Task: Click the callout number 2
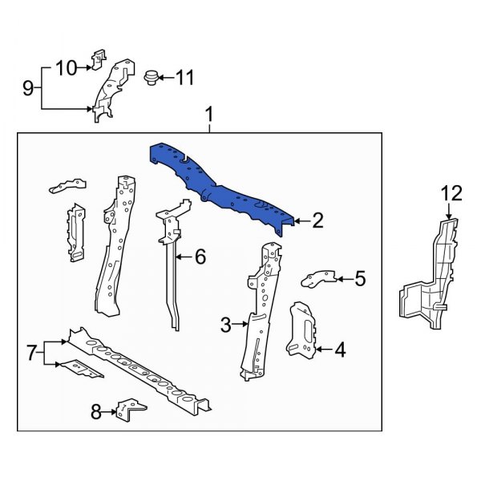pos(317,221)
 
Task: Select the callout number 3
pos(226,325)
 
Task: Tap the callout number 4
pos(340,349)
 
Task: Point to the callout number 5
pos(359,279)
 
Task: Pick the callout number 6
pos(200,257)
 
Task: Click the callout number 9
pos(28,87)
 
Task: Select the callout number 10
pos(66,67)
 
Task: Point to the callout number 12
pos(451,192)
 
